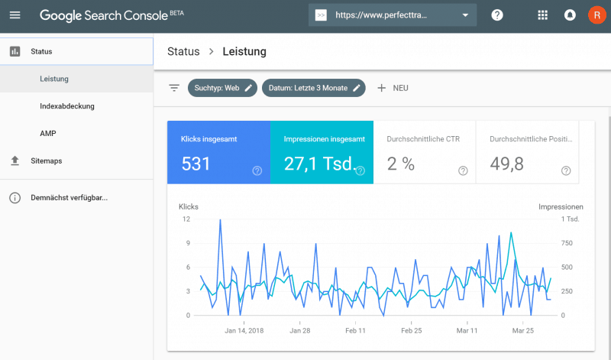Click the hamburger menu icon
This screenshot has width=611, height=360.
pos(15,15)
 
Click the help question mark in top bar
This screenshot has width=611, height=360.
pos(497,15)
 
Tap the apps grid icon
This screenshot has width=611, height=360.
pos(543,15)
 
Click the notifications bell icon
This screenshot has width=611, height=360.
pos(570,15)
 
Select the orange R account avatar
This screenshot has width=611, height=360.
pos(596,15)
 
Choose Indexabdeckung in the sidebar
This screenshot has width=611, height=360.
pos(67,106)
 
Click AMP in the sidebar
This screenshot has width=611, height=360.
pos(48,134)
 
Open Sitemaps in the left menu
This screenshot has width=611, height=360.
pos(47,161)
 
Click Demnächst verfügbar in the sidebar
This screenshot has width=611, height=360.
pos(69,198)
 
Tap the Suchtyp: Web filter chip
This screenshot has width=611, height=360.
pos(221,88)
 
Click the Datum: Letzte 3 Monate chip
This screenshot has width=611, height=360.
pos(313,88)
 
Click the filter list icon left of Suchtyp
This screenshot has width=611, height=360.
pos(174,88)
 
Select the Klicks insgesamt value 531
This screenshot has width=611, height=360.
pos(196,164)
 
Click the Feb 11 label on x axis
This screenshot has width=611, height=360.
pos(355,331)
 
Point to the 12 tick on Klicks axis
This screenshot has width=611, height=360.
pos(186,219)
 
